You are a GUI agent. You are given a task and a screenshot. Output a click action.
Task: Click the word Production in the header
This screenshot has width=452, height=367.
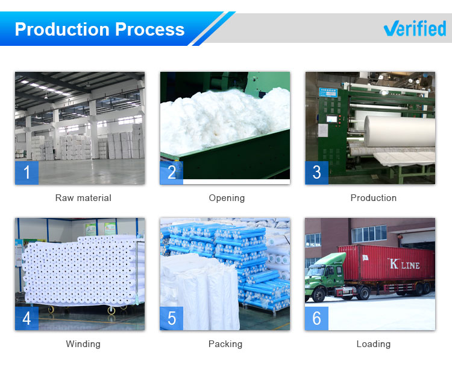[62, 29]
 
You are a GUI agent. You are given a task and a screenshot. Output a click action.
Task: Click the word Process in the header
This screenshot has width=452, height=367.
[149, 29]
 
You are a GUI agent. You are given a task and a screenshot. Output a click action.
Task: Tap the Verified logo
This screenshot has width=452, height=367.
[415, 28]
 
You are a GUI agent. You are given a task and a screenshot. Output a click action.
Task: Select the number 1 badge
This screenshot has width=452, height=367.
[27, 173]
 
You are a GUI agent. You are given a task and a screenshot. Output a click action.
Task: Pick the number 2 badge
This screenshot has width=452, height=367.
[172, 173]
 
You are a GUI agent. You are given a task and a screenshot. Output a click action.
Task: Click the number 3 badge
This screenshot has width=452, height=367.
[316, 173]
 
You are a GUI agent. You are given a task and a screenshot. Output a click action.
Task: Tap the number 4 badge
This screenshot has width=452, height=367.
[27, 318]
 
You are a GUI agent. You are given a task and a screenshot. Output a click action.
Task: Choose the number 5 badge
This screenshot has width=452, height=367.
[172, 318]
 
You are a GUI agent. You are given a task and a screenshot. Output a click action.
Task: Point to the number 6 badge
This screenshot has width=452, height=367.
[316, 318]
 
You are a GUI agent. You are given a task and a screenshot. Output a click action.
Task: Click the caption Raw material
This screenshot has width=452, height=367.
[83, 198]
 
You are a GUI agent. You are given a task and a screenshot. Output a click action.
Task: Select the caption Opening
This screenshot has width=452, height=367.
[227, 198]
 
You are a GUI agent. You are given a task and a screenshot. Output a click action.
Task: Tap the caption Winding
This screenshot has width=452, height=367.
[83, 344]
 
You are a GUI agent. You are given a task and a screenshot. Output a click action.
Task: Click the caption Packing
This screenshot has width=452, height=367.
[225, 344]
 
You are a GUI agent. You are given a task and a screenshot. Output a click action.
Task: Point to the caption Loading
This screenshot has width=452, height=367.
[373, 344]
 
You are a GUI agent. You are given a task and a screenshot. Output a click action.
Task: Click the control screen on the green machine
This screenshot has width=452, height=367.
[331, 119]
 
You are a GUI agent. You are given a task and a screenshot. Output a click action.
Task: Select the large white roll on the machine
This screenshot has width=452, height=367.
[399, 132]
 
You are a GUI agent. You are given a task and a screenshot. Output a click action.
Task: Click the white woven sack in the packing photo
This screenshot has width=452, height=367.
[199, 292]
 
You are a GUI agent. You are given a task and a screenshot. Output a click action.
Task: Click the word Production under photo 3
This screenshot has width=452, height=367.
[373, 198]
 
